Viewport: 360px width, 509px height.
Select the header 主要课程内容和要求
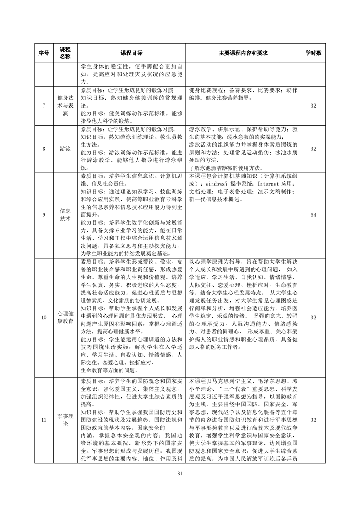pyautogui.click(x=243, y=53)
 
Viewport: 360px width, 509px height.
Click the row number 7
pyautogui.click(x=44, y=106)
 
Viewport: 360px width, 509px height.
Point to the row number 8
pyautogui.click(x=44, y=148)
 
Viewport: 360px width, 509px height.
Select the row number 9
pyautogui.click(x=44, y=215)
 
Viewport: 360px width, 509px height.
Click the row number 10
pyautogui.click(x=44, y=318)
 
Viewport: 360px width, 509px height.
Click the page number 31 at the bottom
pyautogui.click(x=180, y=474)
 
